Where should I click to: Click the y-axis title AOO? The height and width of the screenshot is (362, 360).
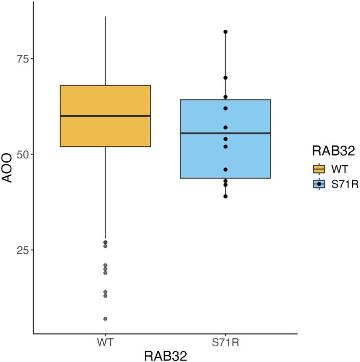pos(9,173)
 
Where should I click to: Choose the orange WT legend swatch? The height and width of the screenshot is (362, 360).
pos(320,169)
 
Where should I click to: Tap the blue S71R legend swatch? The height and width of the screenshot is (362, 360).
pos(320,184)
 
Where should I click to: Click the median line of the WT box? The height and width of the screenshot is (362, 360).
pos(105,116)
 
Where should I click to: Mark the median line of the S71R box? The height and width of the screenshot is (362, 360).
pos(225,133)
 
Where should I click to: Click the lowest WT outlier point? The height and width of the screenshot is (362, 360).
pos(105,318)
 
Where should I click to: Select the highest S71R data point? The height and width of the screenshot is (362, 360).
pos(225,32)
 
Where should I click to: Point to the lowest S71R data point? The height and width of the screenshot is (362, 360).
pos(225,196)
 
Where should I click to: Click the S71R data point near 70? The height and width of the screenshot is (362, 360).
pos(225,78)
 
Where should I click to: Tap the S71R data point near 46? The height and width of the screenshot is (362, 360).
pos(225,169)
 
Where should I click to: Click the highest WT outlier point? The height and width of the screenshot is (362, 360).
pos(105,242)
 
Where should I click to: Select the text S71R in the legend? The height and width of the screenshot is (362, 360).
pos(344,184)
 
